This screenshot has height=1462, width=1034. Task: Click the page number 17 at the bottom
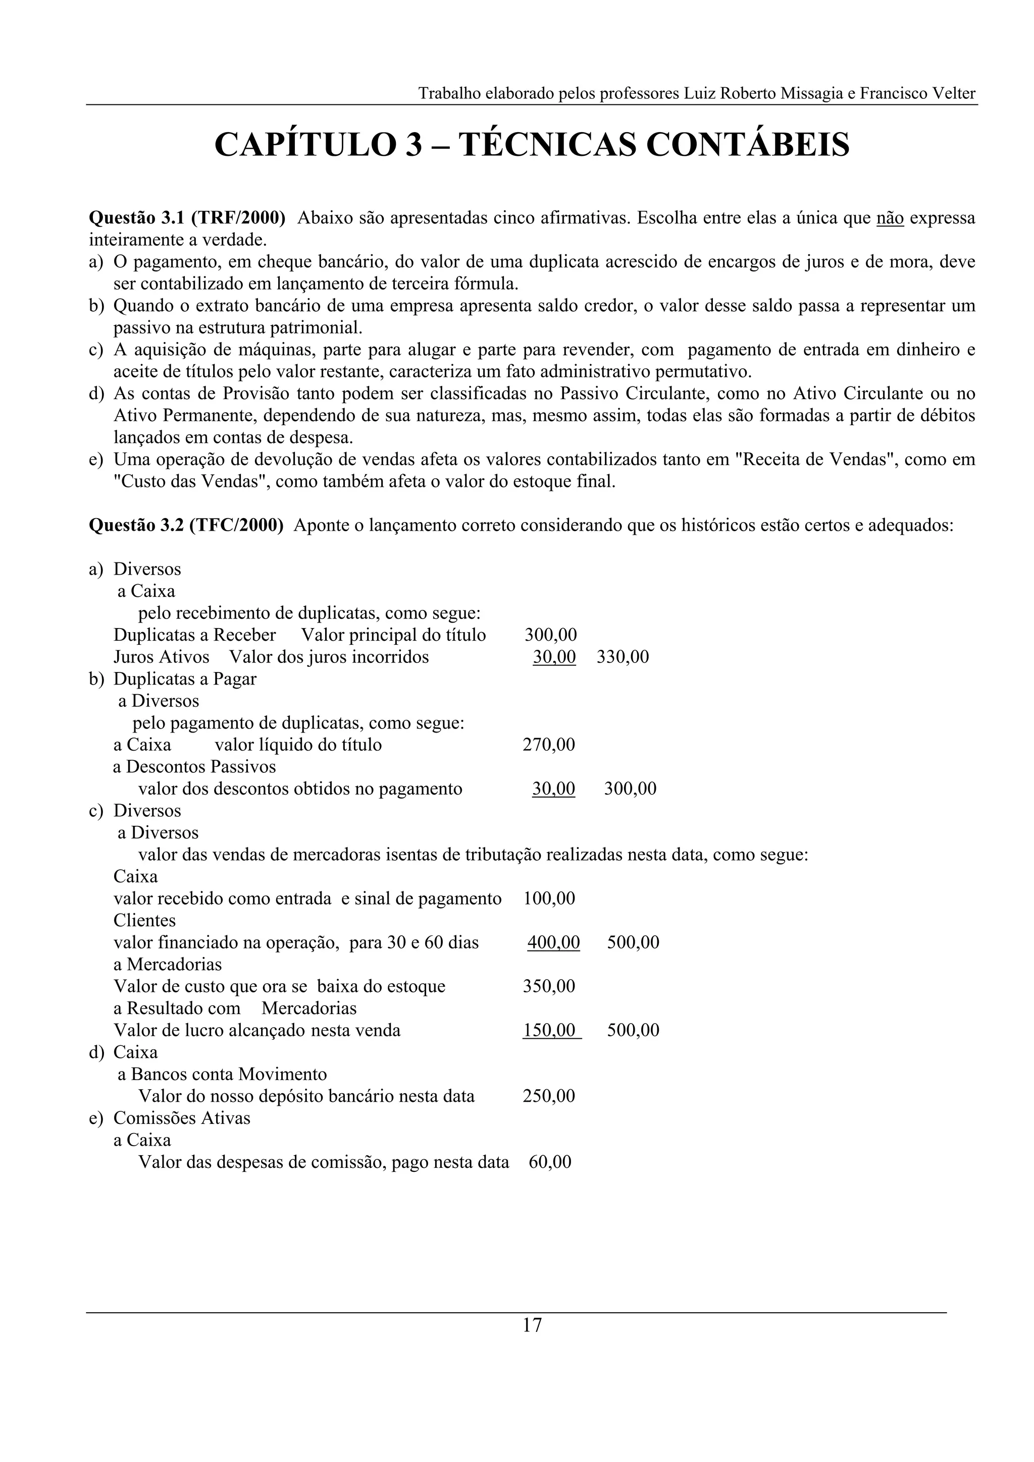[x=532, y=1325]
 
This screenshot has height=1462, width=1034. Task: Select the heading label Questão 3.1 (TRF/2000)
[x=187, y=218]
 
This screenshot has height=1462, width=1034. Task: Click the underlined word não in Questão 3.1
[x=890, y=218]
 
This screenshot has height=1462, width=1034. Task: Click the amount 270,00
[x=548, y=745]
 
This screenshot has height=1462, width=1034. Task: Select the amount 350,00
[x=548, y=986]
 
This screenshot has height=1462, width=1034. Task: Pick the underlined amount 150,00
[x=550, y=1030]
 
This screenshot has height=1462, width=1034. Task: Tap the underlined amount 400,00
[x=553, y=942]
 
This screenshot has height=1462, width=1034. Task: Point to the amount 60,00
[x=550, y=1162]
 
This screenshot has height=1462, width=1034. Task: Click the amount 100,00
[x=548, y=898]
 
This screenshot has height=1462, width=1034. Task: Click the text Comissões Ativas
[x=182, y=1117]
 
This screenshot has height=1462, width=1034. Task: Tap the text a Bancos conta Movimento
[x=222, y=1074]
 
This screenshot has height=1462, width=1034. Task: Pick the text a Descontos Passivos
[x=194, y=767]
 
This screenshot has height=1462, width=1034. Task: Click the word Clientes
[x=144, y=920]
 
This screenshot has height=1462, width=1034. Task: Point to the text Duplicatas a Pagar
[x=185, y=679]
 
